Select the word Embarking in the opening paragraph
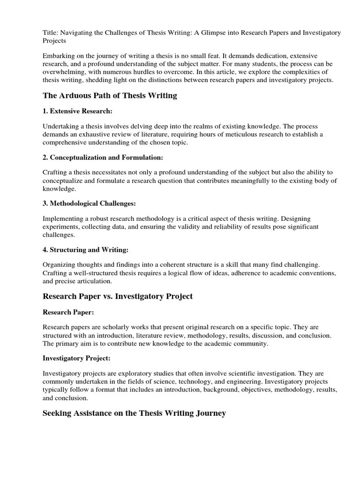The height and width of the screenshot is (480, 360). click(x=59, y=55)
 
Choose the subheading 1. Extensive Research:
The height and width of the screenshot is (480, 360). click(x=77, y=112)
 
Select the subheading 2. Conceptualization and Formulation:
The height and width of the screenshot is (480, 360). click(x=103, y=157)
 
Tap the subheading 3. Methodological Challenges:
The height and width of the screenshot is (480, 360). click(x=89, y=203)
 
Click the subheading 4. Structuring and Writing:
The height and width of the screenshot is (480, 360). click(x=85, y=249)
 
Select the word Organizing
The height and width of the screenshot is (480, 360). click(x=59, y=264)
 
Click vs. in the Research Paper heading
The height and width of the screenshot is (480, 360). click(x=109, y=296)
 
